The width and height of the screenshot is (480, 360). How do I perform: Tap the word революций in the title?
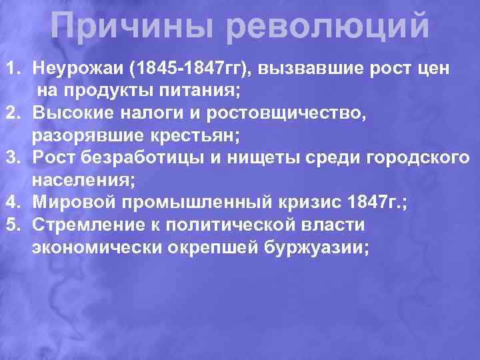(x=327, y=26)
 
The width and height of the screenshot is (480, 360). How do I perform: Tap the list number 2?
(x=13, y=113)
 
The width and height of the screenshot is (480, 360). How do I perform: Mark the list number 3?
(x=13, y=158)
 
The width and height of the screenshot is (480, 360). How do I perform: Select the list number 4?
(x=13, y=202)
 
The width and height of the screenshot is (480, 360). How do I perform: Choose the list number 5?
(x=13, y=225)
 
